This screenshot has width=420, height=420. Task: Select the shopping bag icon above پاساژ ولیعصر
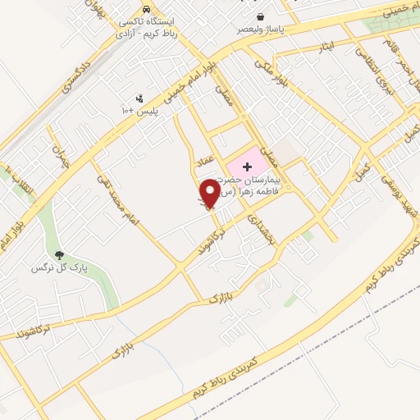(x=260, y=16)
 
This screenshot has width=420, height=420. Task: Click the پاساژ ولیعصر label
(x=260, y=29)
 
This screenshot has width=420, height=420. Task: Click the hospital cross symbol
(x=247, y=167)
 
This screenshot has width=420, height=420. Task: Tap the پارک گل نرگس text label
(x=57, y=268)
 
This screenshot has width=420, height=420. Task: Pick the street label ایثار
(x=327, y=47)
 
